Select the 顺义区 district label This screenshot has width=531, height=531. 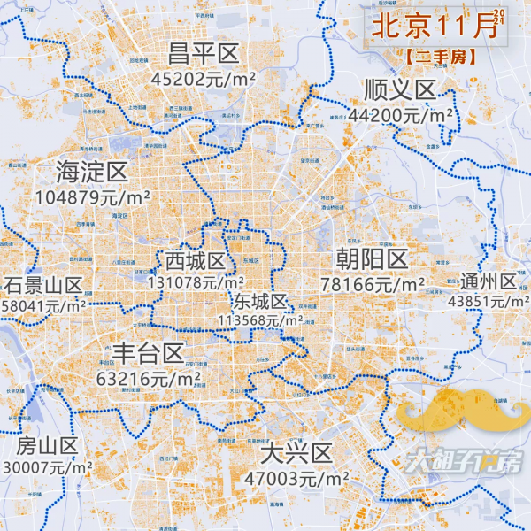(x=400, y=90)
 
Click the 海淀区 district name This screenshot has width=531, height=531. (x=92, y=171)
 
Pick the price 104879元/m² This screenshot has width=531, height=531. (x=92, y=197)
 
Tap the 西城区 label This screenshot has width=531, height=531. (x=196, y=261)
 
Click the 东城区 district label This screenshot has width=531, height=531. (x=260, y=301)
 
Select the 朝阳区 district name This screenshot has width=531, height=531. (x=372, y=259)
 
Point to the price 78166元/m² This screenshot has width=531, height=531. (x=373, y=285)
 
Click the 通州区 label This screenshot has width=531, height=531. (x=489, y=281)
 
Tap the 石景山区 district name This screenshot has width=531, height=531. (x=42, y=285)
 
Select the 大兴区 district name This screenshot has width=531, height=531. (x=296, y=454)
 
